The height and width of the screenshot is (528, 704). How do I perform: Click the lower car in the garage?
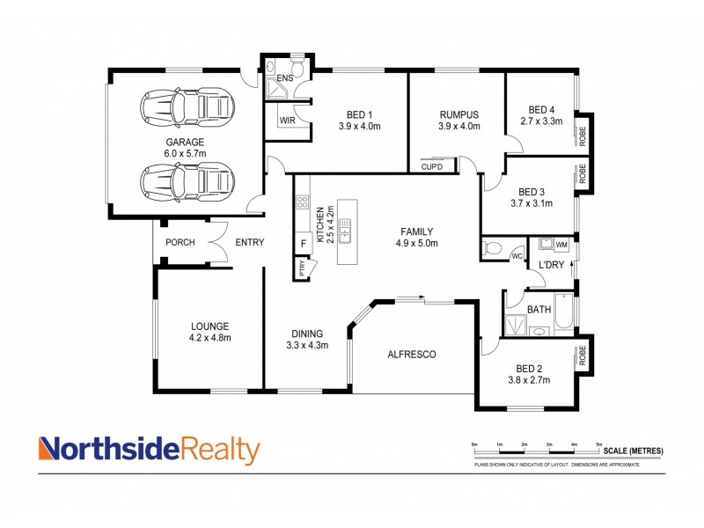pyautogui.click(x=189, y=182)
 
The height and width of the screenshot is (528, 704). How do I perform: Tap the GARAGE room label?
pyautogui.click(x=185, y=142)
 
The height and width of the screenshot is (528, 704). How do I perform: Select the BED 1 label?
pyautogui.click(x=359, y=115)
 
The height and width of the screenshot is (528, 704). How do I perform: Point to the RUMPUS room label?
pyautogui.click(x=458, y=115)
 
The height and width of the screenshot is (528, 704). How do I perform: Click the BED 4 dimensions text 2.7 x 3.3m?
pyautogui.click(x=540, y=121)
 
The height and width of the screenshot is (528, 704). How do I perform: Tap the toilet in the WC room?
pyautogui.click(x=493, y=247)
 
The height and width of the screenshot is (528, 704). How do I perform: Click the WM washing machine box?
pyautogui.click(x=561, y=244)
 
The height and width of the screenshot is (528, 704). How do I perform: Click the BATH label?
pyautogui.click(x=539, y=310)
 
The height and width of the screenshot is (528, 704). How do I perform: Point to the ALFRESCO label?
pyautogui.click(x=413, y=355)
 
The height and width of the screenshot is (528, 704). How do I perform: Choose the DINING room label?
pyautogui.click(x=307, y=334)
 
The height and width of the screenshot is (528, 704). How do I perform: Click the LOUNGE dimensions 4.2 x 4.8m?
pyautogui.click(x=209, y=337)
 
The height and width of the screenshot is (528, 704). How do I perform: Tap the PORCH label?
pyautogui.click(x=180, y=243)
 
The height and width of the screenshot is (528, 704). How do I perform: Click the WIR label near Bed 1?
pyautogui.click(x=287, y=121)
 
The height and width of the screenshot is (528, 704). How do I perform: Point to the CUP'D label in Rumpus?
pyautogui.click(x=432, y=166)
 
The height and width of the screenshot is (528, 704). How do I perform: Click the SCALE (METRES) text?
pyautogui.click(x=634, y=451)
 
